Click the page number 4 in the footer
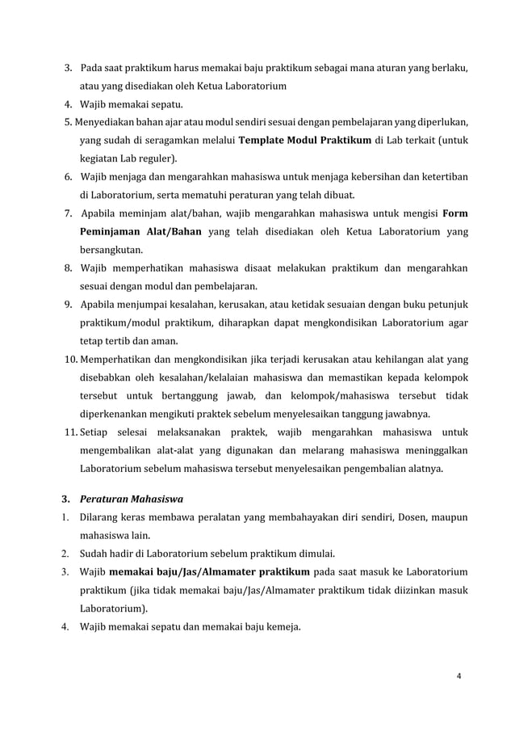(459, 676)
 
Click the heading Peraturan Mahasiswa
(131, 499)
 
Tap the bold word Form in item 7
(455, 213)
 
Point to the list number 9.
(70, 303)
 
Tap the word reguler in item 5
(157, 158)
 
